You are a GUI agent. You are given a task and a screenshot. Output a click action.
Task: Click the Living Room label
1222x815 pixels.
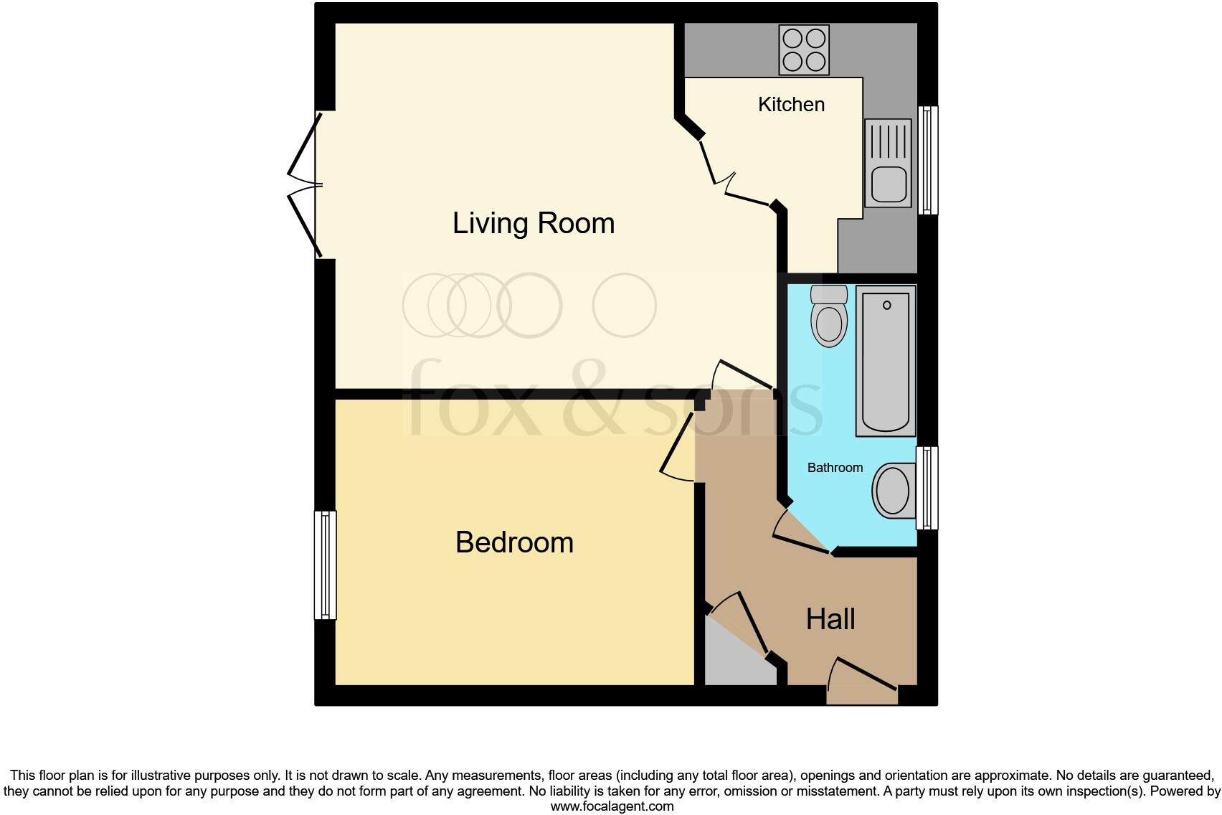point(533,223)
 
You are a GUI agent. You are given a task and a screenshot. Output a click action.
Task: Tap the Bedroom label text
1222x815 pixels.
point(514,542)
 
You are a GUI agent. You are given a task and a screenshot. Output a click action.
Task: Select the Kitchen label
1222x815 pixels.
point(791,105)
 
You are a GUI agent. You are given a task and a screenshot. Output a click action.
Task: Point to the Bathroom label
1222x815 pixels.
point(835,468)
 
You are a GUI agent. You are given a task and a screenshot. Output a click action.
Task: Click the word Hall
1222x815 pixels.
point(830,619)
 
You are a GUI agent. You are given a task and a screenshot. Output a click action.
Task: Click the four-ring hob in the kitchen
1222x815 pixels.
point(804,50)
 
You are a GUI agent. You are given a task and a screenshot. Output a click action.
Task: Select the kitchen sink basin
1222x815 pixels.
point(888,184)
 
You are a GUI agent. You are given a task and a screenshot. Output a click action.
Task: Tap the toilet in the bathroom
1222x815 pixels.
point(829,316)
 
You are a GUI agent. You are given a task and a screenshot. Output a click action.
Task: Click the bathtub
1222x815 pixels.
point(886,361)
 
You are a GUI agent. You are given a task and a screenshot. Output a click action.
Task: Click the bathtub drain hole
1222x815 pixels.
point(887,306)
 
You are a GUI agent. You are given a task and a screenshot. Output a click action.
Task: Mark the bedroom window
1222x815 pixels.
point(326,565)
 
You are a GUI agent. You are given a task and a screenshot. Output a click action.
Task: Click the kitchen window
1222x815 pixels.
point(928,160)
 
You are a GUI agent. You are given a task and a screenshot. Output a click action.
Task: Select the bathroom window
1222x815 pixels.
point(927,488)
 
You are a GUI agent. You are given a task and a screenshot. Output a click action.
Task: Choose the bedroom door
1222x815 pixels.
point(678,448)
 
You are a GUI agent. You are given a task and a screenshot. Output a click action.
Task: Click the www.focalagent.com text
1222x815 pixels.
point(612,806)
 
